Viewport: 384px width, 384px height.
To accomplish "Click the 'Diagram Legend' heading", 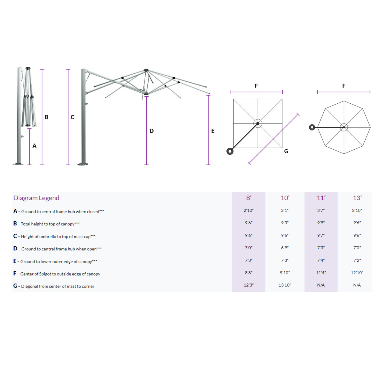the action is [x=36, y=198].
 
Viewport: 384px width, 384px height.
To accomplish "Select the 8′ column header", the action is [x=249, y=198].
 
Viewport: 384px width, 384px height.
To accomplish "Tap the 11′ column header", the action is [x=321, y=198].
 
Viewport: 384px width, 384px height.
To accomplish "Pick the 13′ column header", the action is [x=357, y=198].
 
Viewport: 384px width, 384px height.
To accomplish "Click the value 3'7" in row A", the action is [x=321, y=210].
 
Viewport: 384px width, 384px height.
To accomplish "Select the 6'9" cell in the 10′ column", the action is [x=285, y=248].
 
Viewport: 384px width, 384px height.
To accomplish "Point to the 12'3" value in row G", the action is [x=249, y=285].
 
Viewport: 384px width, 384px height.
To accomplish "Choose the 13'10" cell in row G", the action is [x=285, y=285].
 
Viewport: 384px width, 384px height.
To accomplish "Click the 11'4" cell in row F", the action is [x=321, y=273].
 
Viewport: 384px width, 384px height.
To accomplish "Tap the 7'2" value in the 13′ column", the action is [x=357, y=260].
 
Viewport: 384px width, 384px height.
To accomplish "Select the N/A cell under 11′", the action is [x=321, y=285].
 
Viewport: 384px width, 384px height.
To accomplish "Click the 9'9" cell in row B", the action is [x=321, y=223].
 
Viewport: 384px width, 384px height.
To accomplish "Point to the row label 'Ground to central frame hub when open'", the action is [x=59, y=249].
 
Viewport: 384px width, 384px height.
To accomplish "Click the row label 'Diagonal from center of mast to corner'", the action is [x=58, y=286].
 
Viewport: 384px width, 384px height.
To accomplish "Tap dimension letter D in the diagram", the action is [x=151, y=131].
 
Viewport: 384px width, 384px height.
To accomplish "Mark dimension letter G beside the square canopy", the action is [x=286, y=151].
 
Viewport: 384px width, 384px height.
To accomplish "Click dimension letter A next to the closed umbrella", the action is [x=35, y=146].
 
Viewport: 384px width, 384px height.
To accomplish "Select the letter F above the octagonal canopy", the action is [x=344, y=86].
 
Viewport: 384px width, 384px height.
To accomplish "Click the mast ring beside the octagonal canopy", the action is [x=312, y=127].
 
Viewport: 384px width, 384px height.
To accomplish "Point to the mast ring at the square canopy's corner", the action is [x=230, y=151].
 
